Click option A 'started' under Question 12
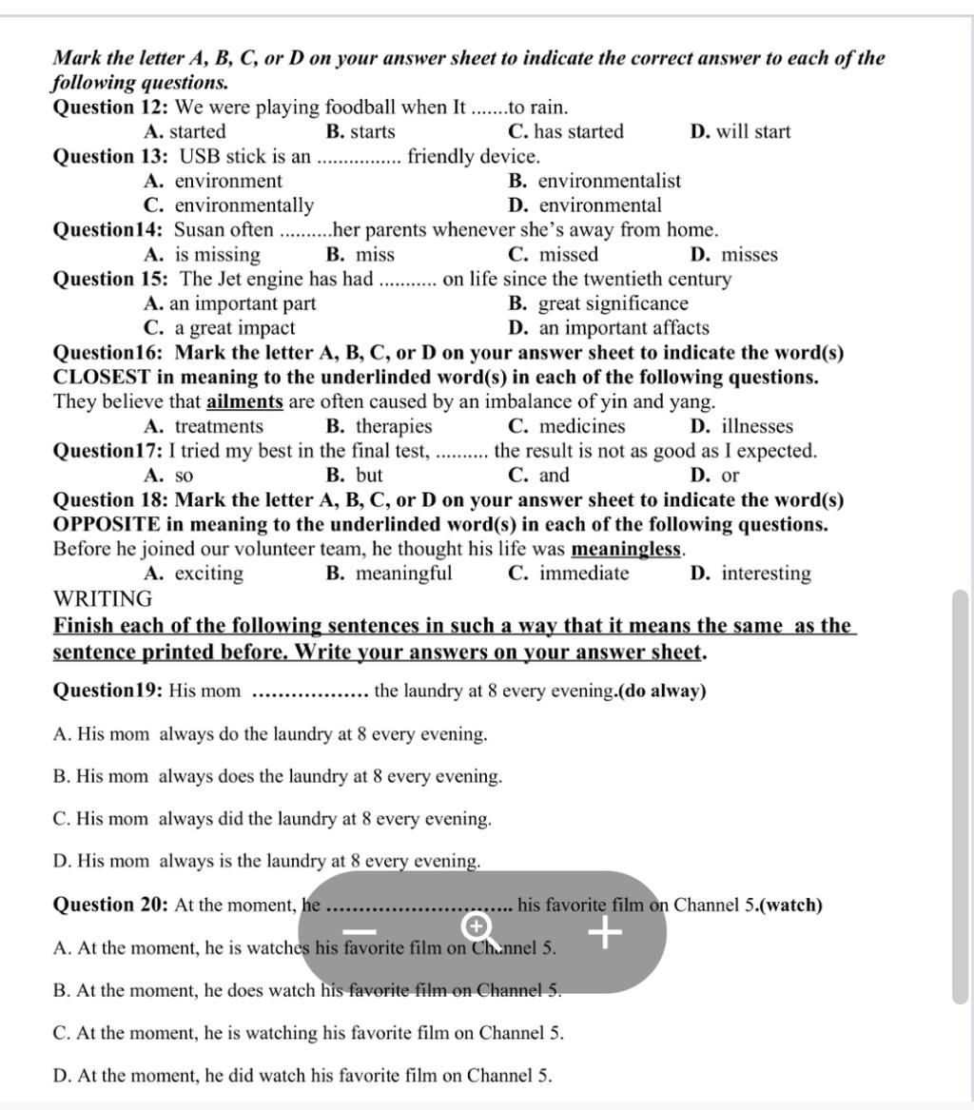pos(185,132)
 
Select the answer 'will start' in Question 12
pos(741,132)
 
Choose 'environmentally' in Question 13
pos(230,205)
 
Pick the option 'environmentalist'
pos(595,181)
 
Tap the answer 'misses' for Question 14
pos(735,255)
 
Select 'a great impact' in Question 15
pos(221,328)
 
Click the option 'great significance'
pos(599,303)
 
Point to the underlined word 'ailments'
pos(244,401)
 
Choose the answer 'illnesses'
pos(743,426)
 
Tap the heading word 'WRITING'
pos(103,599)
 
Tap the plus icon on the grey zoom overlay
pos(605,932)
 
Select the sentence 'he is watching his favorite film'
pos(308,1033)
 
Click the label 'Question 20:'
pos(110,905)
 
